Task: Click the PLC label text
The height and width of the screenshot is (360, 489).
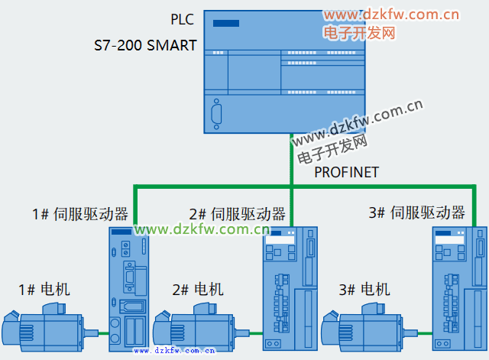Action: [183, 18]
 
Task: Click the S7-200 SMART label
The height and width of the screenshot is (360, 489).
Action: [146, 45]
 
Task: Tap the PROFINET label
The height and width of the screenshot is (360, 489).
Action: [346, 172]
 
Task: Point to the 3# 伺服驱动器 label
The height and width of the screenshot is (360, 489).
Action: [416, 212]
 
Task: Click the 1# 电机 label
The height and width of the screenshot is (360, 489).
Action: [44, 289]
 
